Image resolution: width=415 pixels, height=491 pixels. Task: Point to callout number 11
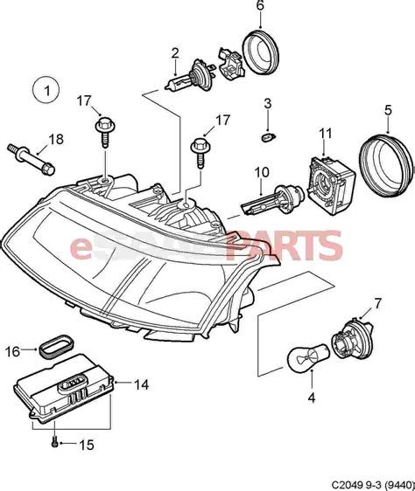pyautogui.click(x=326, y=133)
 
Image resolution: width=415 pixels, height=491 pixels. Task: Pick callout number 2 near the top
pyautogui.click(x=175, y=52)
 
